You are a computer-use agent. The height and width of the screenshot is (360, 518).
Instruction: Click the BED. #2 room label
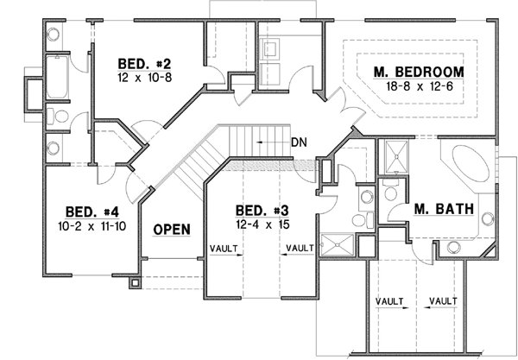[144, 64]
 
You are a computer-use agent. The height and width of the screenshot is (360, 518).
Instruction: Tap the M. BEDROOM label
[418, 72]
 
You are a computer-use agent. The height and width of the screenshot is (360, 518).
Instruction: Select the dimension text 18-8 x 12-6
[418, 87]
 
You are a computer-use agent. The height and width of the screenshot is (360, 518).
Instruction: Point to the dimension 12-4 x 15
[261, 224]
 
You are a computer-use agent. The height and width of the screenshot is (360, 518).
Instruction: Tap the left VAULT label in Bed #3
[224, 249]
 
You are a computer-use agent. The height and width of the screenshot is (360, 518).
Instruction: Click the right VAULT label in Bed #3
[300, 249]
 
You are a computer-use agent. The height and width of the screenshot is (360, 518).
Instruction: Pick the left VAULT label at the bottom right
[390, 300]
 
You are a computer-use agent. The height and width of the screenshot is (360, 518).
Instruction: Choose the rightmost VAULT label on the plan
[442, 300]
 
